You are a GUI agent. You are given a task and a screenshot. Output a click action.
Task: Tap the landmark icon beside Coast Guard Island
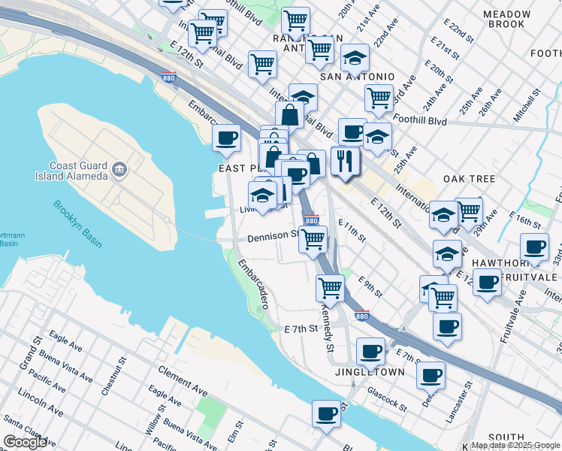pos(119,171)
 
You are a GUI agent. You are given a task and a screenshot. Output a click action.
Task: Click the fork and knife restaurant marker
pos(346,162)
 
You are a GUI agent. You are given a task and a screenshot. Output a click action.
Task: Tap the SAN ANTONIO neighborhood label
pos(357,77)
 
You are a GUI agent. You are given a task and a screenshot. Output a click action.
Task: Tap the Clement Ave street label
pos(183,381)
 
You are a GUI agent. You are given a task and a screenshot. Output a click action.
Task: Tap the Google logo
pos(25,442)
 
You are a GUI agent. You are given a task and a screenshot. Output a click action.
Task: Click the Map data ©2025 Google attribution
pos(515,445)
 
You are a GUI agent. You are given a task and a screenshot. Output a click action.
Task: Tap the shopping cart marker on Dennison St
pos(313,239)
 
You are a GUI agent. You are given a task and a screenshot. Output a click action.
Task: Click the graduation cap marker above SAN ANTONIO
pos(355,57)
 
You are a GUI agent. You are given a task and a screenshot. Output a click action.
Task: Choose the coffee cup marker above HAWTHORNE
pos(535,248)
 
